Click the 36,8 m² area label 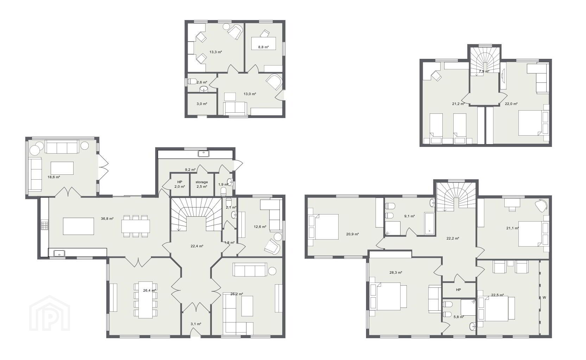point(107,219)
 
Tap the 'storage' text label point(202,182)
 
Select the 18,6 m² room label point(53,177)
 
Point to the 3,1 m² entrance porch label point(196,324)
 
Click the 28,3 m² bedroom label point(396,272)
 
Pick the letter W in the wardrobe point(544,297)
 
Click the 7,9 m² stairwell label point(484,71)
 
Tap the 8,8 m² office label point(264,47)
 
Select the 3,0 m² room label point(202,104)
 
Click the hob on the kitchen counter point(44,226)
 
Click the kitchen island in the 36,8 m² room point(78,226)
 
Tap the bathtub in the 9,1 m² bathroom point(429,223)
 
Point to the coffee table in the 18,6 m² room point(62,168)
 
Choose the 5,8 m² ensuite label point(459,317)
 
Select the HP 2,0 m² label point(180,184)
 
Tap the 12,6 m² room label point(260,227)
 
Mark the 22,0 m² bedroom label point(511,104)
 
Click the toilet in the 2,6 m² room point(192,81)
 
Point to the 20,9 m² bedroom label point(352,234)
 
